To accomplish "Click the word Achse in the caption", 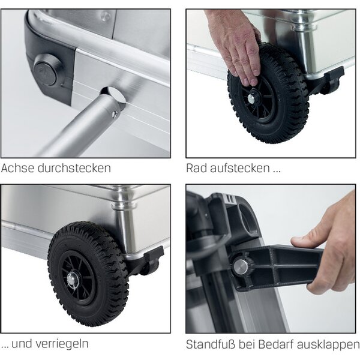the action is click(x=17, y=168).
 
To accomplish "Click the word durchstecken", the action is click(x=74, y=168).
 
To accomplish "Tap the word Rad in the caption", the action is click(x=196, y=168).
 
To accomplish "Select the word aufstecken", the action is click(x=239, y=168).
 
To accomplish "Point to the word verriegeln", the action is click(x=62, y=344).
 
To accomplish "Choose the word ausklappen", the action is click(x=328, y=345).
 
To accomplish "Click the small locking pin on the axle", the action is click(x=115, y=113).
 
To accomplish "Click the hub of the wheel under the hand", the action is click(x=251, y=98).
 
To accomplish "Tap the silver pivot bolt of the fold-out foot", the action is click(x=241, y=266).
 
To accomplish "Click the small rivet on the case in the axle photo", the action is click(x=105, y=17).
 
